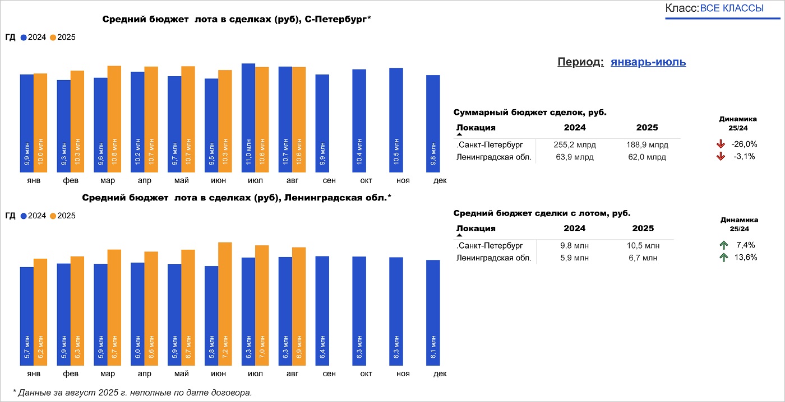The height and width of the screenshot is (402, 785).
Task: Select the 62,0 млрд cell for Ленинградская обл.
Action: click(x=647, y=157)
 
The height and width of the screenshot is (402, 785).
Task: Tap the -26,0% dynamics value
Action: click(x=744, y=144)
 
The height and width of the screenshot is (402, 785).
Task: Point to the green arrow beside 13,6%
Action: click(x=723, y=258)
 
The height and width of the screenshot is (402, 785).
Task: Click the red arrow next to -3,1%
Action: click(x=721, y=157)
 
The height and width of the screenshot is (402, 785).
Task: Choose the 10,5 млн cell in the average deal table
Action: click(x=643, y=246)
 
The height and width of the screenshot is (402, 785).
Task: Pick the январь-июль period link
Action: click(x=648, y=62)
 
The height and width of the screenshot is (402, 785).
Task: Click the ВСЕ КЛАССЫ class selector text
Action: click(x=732, y=8)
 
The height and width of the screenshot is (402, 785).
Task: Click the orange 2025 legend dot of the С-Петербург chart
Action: click(x=53, y=38)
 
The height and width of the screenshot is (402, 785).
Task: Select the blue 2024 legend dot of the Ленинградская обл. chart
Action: click(x=24, y=216)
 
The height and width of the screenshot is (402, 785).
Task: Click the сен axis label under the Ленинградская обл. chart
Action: click(x=329, y=373)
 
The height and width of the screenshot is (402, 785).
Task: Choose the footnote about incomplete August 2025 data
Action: click(x=132, y=392)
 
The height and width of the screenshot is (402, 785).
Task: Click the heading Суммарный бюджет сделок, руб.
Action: click(x=529, y=113)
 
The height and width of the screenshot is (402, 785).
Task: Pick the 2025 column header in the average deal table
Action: click(x=643, y=228)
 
